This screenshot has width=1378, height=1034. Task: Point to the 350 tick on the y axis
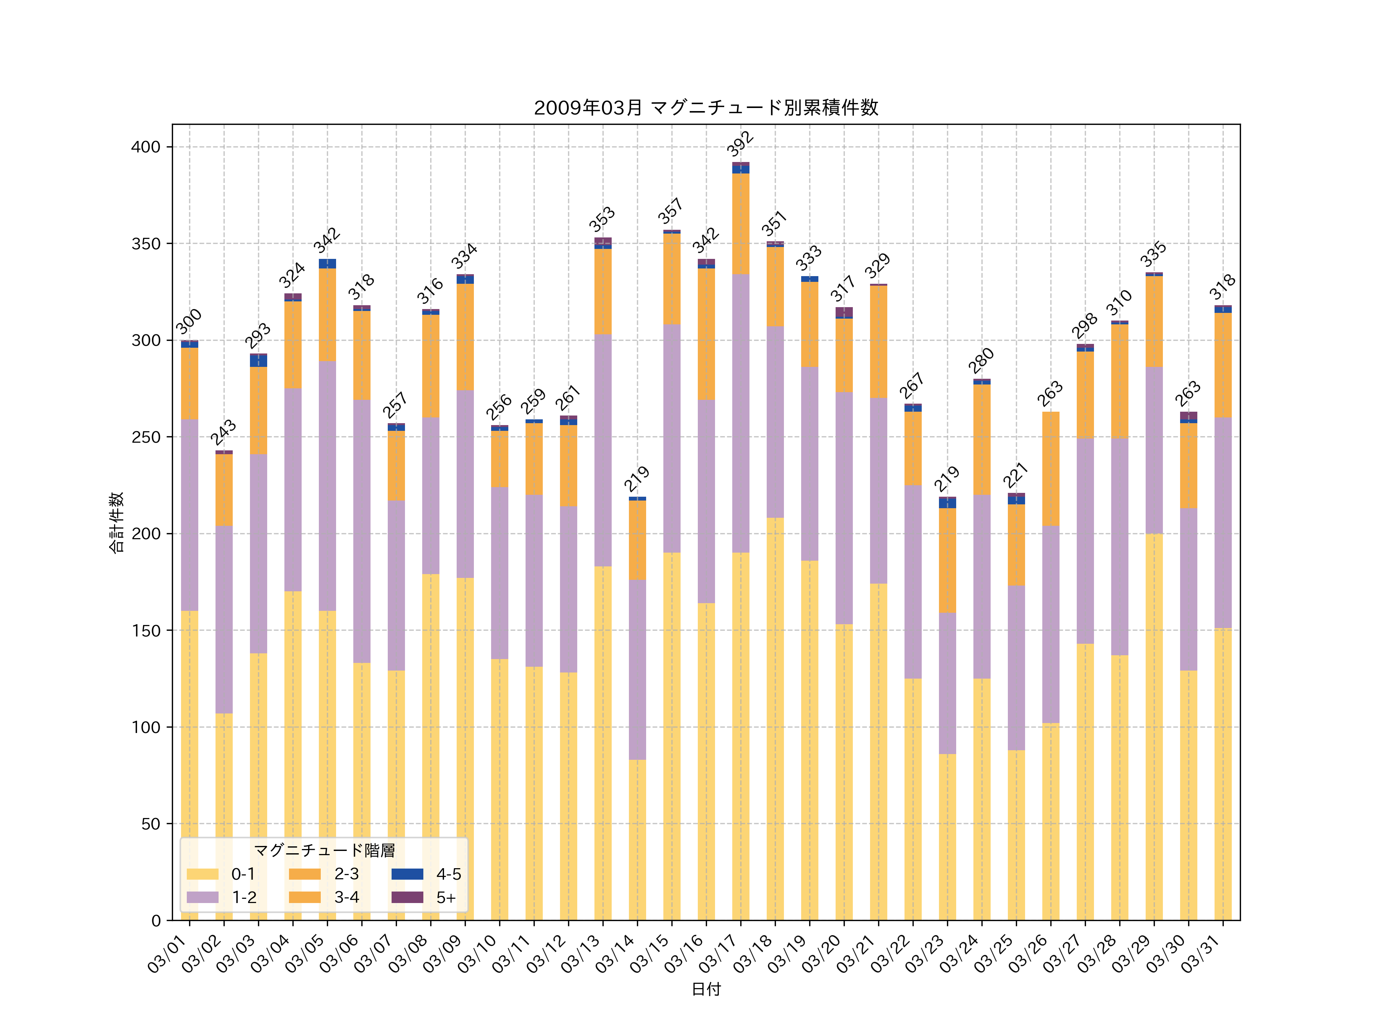point(146,244)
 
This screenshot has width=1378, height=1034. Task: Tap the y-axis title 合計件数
point(116,522)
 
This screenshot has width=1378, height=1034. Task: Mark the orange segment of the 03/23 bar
point(947,560)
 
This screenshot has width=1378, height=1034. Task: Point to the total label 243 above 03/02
point(223,432)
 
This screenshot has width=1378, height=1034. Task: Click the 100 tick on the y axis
point(146,727)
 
